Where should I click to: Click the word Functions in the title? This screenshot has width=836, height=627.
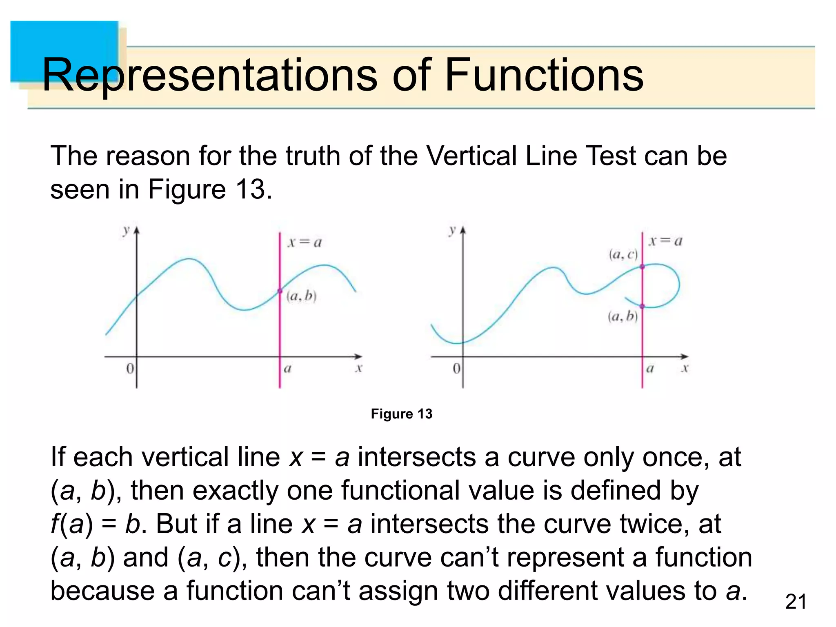pos(544,75)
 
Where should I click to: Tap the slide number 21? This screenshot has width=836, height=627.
pos(796,602)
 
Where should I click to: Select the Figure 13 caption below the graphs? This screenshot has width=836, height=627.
pos(401,414)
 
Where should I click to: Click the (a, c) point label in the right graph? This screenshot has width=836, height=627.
pos(623,255)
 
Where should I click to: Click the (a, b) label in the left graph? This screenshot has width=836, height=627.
pos(302,296)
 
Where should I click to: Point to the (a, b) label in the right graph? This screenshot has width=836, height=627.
pos(623,316)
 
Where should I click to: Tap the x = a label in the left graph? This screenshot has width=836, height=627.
pos(305,242)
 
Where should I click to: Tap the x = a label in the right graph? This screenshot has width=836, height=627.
pos(665,241)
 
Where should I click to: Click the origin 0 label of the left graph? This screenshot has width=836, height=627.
pos(130,369)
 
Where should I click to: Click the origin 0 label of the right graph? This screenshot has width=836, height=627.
pos(456,369)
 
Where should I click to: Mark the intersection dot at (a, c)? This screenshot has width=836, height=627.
pos(642,267)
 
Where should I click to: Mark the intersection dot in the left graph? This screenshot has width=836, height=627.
pos(280,291)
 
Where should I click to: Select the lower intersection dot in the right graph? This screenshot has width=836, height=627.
pos(642,306)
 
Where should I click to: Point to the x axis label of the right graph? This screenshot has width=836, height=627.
pos(685,369)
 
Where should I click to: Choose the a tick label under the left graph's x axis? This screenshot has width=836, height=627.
pos(287,369)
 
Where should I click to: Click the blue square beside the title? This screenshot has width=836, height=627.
pos(64,51)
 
